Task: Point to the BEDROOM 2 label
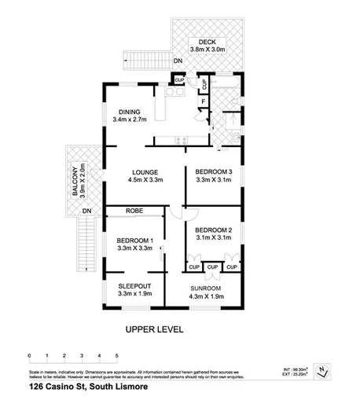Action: click(x=209, y=230)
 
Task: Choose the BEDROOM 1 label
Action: click(x=134, y=242)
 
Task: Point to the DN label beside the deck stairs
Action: click(x=178, y=61)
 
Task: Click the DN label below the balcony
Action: click(x=86, y=212)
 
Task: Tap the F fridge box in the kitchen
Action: click(x=203, y=101)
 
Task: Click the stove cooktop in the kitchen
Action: click(x=182, y=142)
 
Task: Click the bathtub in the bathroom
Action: click(x=230, y=83)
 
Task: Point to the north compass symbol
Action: click(x=322, y=370)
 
